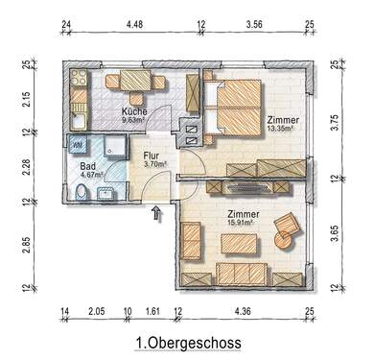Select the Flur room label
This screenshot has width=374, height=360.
pos(152,154)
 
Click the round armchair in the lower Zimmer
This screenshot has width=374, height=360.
pos(287,228)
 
